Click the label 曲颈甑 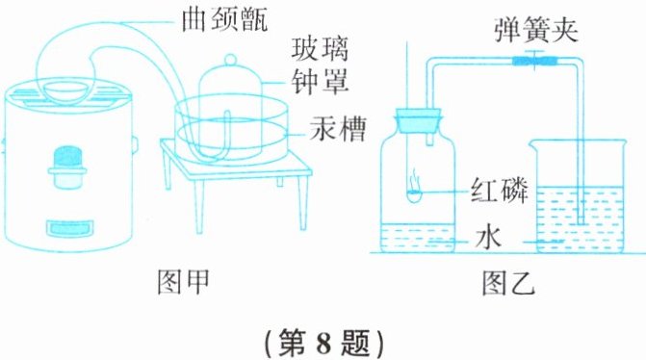(224, 19)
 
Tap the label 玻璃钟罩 (321, 65)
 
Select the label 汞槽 (338, 129)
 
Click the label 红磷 (500, 190)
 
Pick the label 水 (488, 238)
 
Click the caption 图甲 (183, 282)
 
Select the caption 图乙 (508, 283)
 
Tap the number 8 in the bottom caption (323, 343)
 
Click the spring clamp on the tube (534, 61)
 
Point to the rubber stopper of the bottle (419, 120)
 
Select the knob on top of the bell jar (230, 60)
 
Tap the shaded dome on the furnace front (67, 156)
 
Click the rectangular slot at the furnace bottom (69, 229)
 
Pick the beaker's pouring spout (534, 143)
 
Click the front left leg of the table (200, 205)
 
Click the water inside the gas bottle (417, 238)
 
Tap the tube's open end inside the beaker (581, 223)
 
